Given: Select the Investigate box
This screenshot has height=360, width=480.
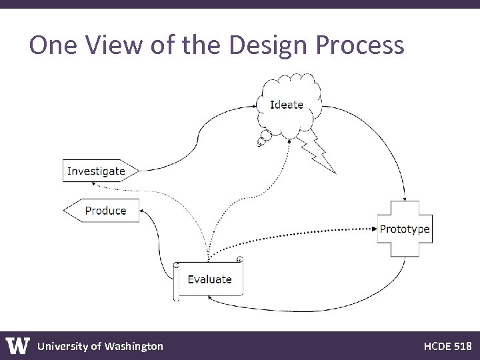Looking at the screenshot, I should point(97,171).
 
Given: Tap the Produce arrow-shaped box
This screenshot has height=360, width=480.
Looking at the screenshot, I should point(103,211).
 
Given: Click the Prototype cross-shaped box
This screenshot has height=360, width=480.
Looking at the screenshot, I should point(405,229).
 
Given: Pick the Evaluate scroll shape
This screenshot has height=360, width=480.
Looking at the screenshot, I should point(209,279).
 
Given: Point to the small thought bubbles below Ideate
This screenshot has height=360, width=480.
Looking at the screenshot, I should point(263,139).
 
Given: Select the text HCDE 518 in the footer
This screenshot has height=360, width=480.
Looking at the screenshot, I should point(447,346).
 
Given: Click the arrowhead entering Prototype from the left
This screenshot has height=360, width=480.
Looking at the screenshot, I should point(374,229).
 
